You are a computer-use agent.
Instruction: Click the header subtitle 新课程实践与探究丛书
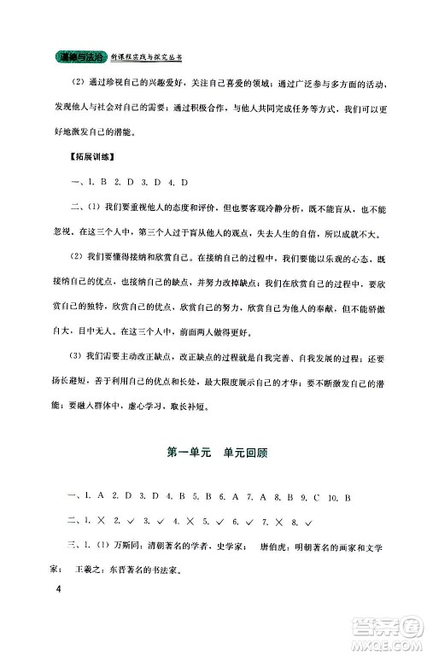[x=146, y=57]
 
